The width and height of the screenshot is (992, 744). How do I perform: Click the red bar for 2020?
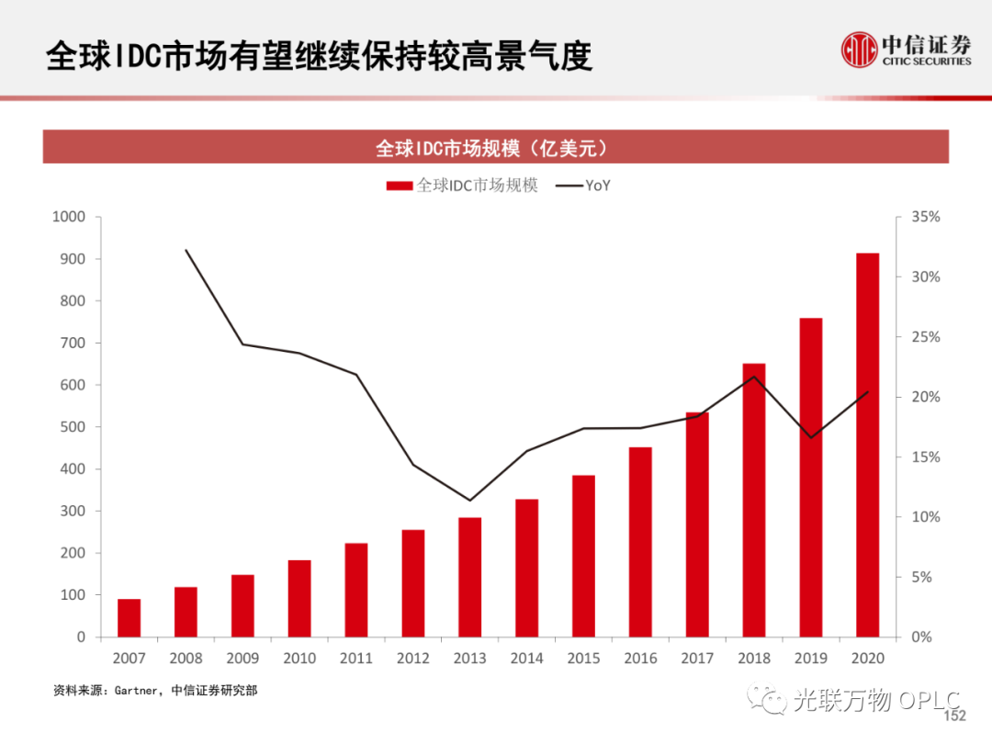pos(868,445)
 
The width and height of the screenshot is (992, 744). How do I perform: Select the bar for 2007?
pos(130,617)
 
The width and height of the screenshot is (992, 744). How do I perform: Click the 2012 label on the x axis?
pos(413,659)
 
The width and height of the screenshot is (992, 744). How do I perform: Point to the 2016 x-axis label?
pos(640,659)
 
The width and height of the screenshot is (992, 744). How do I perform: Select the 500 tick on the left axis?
pos(73,427)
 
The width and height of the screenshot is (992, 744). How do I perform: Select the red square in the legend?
pos(399,186)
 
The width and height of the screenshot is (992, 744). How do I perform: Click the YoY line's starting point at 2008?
pos(186,250)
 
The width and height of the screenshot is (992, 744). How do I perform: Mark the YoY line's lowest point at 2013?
pos(470,501)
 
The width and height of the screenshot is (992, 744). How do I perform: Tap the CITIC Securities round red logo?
pos(860,50)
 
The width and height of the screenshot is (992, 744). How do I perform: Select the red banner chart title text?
pos(495,147)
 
